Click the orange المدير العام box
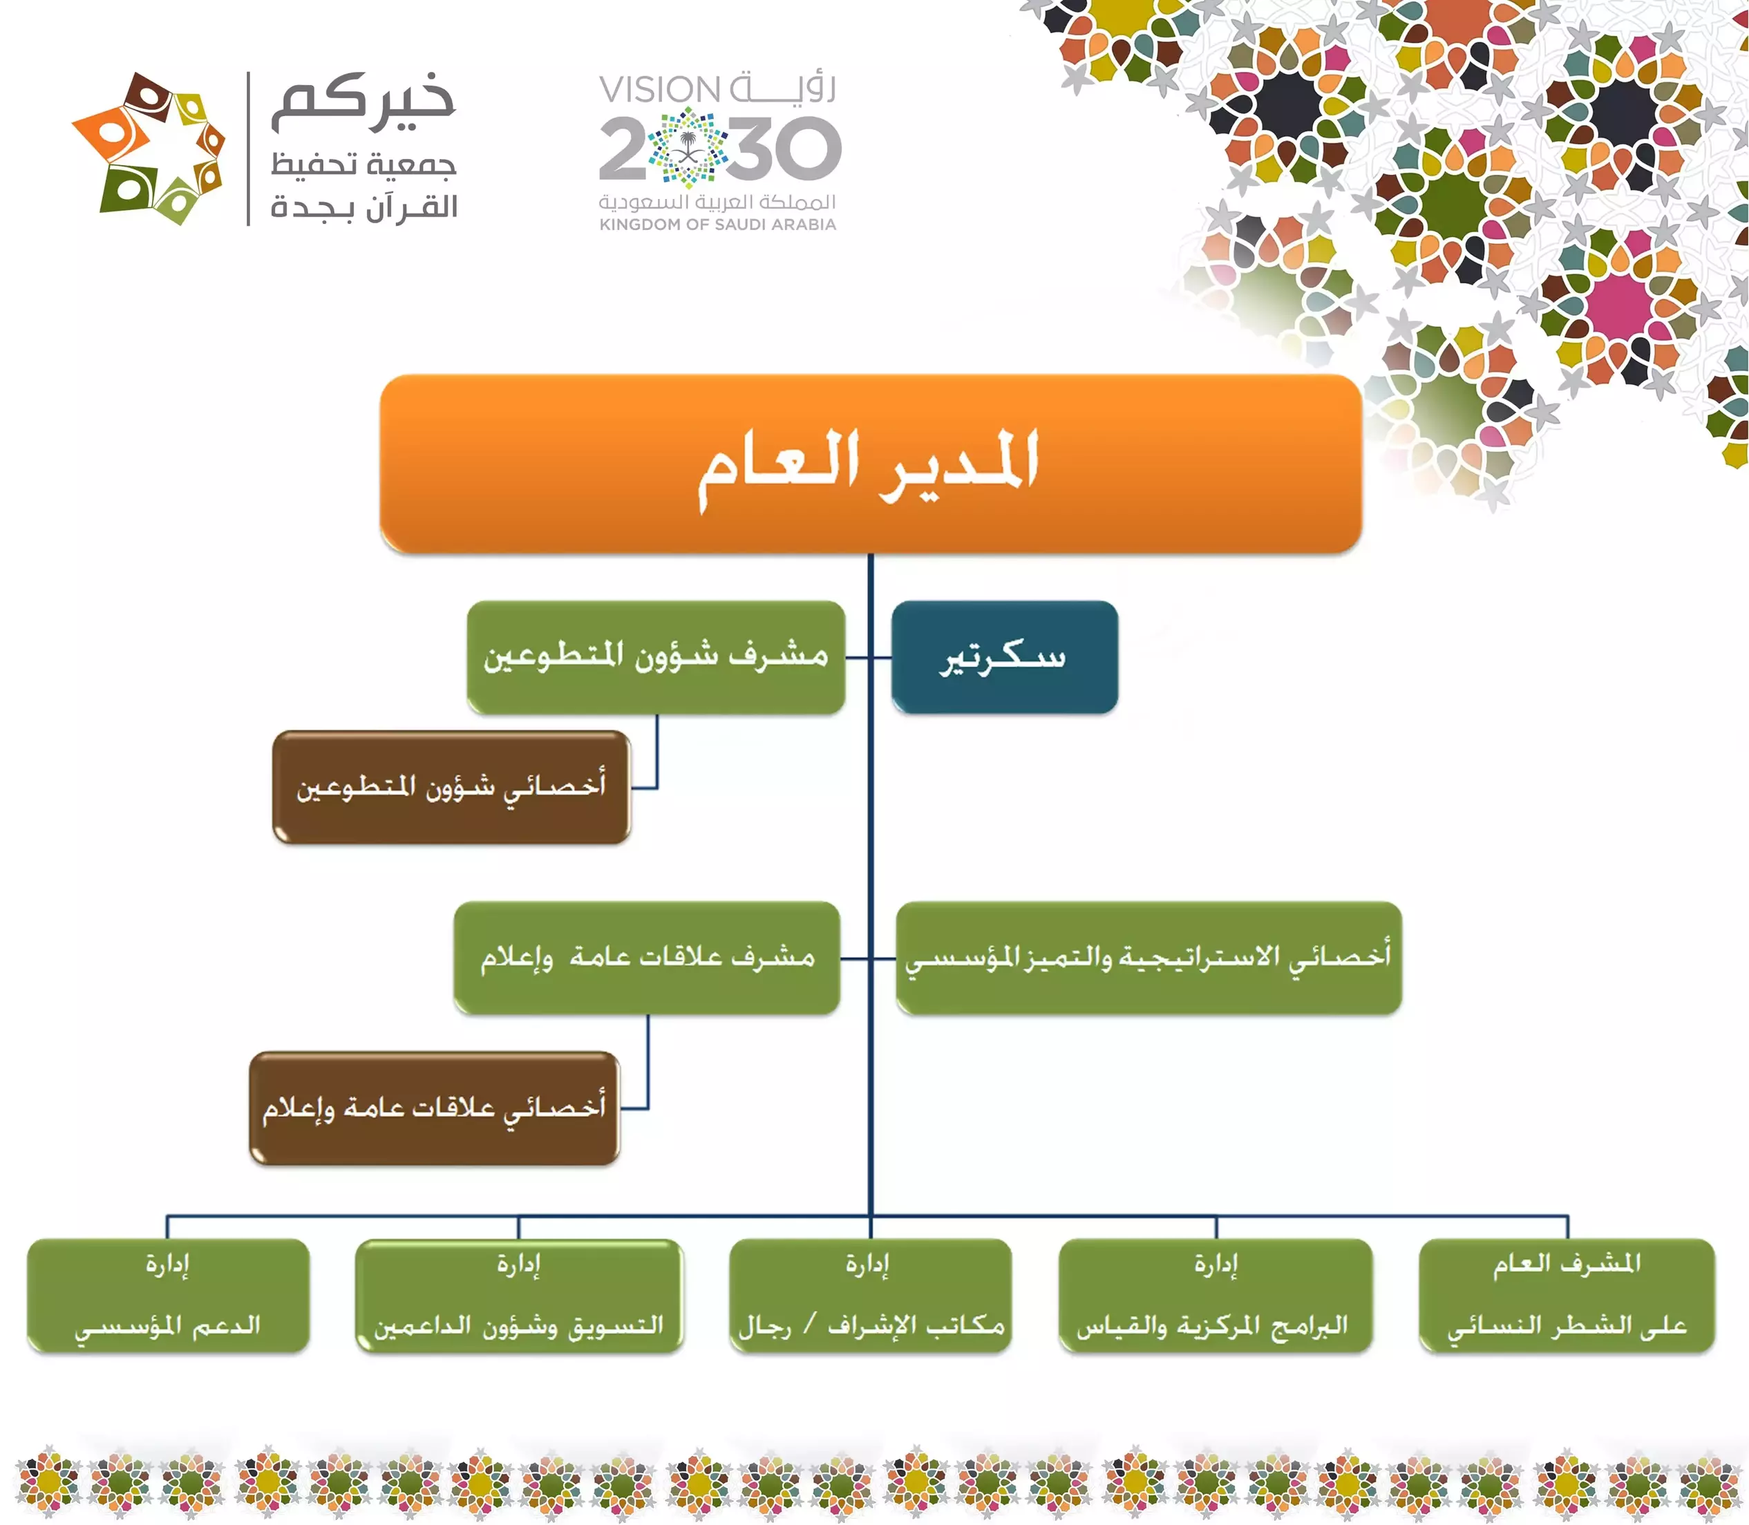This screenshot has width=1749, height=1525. click(870, 464)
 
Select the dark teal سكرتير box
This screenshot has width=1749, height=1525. click(1004, 657)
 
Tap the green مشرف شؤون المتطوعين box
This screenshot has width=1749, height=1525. click(655, 657)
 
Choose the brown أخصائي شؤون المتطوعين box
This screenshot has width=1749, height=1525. click(451, 787)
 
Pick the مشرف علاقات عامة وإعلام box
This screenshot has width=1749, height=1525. click(647, 958)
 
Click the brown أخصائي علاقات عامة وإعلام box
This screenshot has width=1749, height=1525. click(434, 1108)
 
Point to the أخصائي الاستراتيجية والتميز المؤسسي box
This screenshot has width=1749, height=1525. click(1149, 958)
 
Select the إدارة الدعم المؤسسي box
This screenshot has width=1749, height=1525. click(168, 1295)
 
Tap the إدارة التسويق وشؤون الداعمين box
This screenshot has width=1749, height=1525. click(519, 1295)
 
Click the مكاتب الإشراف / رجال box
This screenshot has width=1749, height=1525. click(870, 1295)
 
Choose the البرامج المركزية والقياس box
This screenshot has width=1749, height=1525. click(1216, 1295)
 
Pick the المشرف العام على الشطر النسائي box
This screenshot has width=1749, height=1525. click(1567, 1295)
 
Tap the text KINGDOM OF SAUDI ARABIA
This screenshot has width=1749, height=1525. click(717, 225)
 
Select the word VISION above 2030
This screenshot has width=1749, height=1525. click(661, 89)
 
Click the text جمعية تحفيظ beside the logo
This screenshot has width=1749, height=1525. click(363, 163)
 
